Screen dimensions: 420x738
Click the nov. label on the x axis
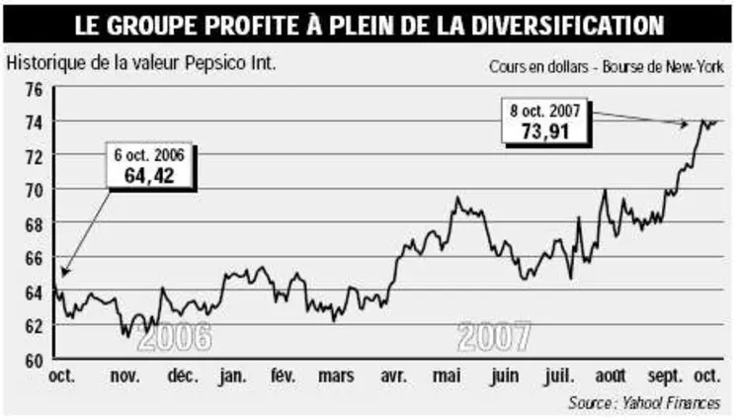pos(123,377)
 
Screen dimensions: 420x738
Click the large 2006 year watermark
pos(175,339)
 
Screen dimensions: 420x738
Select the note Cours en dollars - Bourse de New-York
pos(606,68)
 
